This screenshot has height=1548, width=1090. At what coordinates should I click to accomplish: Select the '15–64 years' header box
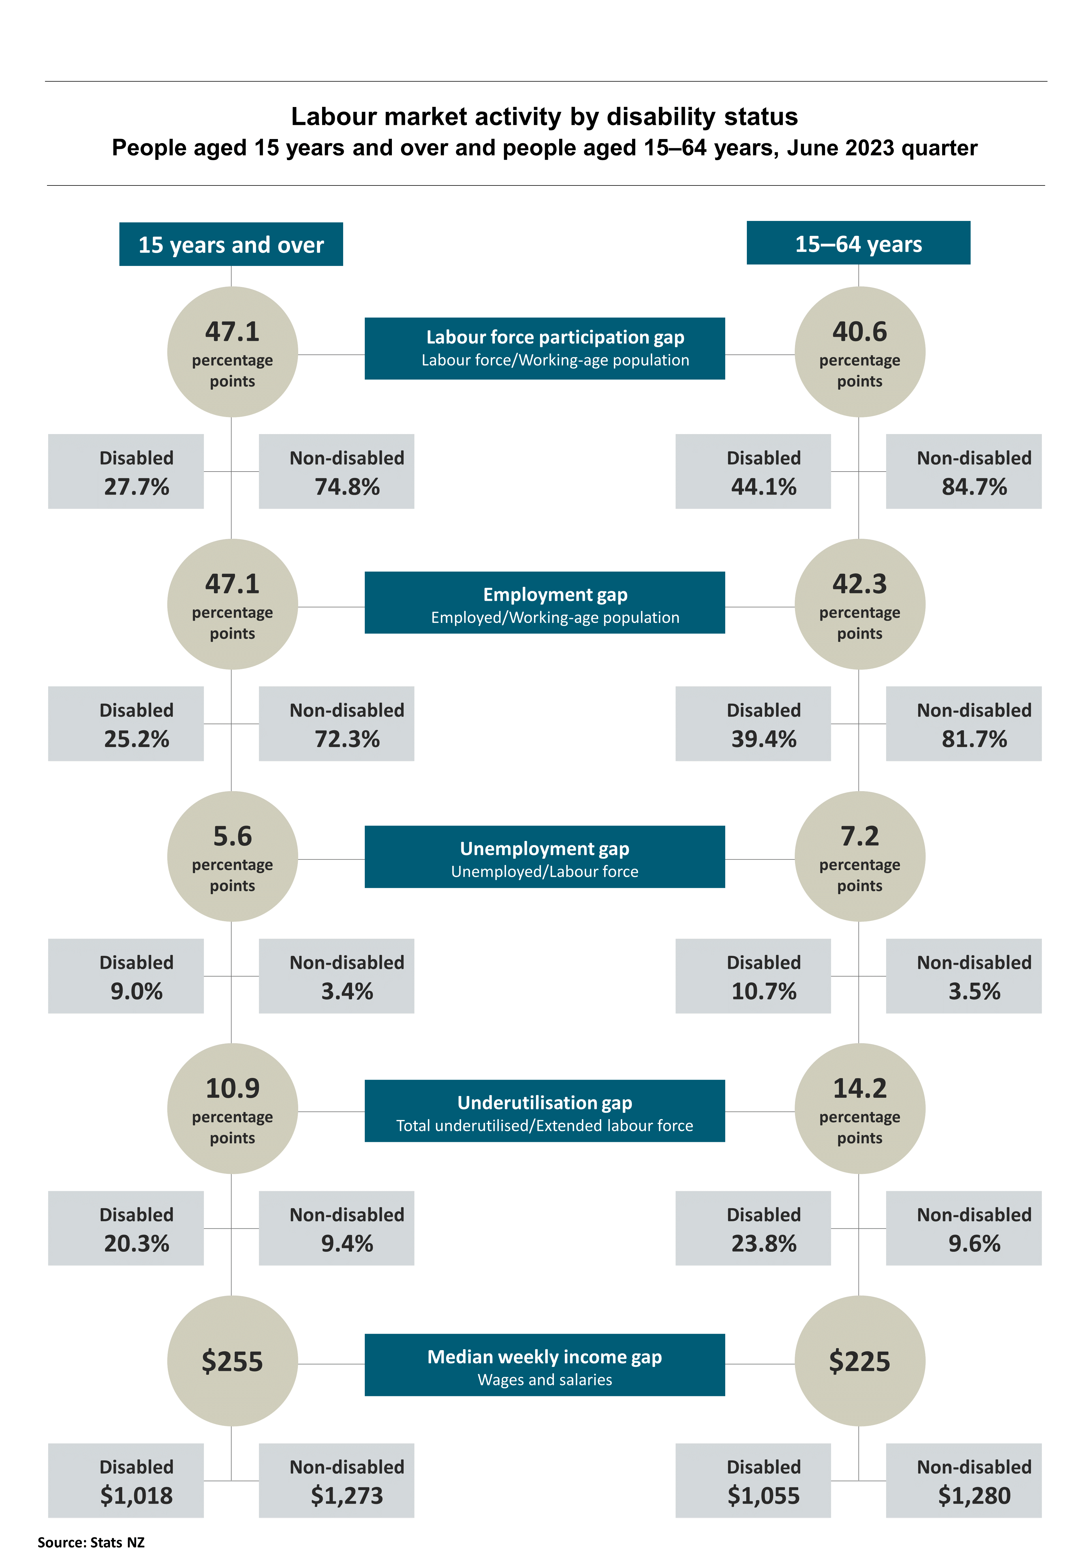(x=858, y=243)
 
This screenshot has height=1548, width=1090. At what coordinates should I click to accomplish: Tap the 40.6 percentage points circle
(x=860, y=352)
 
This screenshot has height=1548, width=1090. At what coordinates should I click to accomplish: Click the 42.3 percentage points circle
(x=860, y=604)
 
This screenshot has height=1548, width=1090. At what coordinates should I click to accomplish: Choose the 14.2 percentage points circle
(x=860, y=1108)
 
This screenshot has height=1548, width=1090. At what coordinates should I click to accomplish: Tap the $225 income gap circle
(x=860, y=1361)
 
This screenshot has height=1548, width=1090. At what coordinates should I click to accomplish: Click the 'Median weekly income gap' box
(x=545, y=1365)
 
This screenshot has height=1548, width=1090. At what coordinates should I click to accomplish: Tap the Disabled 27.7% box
(x=126, y=471)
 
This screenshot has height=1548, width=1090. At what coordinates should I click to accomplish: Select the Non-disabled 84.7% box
(x=963, y=471)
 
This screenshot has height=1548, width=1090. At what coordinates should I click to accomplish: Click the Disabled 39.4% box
(x=753, y=723)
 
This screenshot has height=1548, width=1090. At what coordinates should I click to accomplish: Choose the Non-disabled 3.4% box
(x=336, y=975)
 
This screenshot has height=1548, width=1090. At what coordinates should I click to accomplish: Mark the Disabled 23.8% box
(x=753, y=1228)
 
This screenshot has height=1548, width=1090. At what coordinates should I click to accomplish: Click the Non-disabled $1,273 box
(x=336, y=1480)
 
